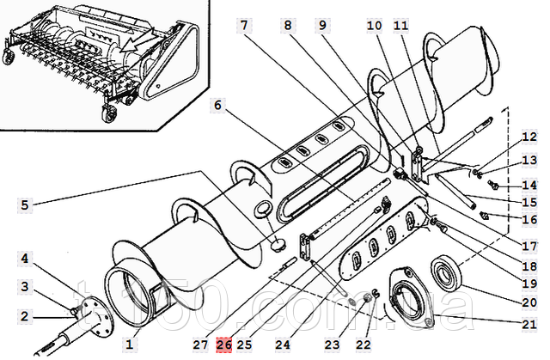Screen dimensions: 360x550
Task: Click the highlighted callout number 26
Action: (224, 345)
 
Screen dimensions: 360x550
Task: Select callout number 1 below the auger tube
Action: (130, 344)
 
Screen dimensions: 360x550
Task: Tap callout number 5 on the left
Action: (26, 205)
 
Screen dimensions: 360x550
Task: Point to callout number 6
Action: (218, 106)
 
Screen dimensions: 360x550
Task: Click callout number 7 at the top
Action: (245, 26)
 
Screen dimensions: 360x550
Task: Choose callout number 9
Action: (321, 26)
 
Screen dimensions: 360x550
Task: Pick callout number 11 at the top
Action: (401, 26)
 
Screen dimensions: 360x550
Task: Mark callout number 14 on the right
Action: (529, 185)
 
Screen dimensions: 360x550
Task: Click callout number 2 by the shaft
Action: (26, 316)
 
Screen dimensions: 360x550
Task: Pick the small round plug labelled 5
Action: (277, 245)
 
